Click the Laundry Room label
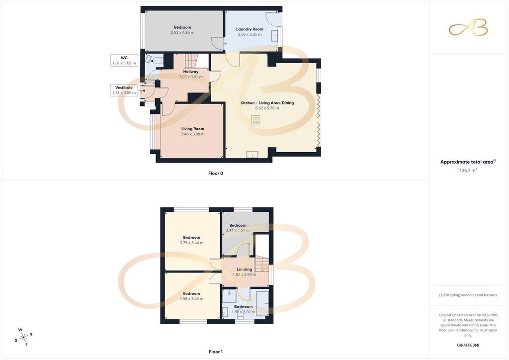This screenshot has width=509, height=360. coord(250,29)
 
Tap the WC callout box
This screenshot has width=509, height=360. coord(124,60)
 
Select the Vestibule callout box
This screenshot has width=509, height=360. coord(124,90)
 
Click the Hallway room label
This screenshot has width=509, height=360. coord(191,72)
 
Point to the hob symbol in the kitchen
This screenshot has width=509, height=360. coord(255,120)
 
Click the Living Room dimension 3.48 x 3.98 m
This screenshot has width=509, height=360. coord(193,134)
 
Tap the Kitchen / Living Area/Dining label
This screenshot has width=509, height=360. coord(267,103)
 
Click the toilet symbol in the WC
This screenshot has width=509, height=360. coord(158,60)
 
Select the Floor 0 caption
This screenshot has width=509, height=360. coord(216,174)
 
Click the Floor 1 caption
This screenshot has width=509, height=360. coord(216,352)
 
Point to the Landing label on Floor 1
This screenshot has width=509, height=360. coord(244,270)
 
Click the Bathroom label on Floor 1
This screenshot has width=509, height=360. coord(244,307)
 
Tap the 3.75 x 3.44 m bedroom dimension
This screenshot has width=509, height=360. coord(191,243)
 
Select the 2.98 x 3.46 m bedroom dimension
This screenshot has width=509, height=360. coord(191,299)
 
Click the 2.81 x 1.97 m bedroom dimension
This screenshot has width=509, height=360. coord(238,231)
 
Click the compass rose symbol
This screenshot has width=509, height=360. coord(23,338)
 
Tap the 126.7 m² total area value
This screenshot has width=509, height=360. coord(468,170)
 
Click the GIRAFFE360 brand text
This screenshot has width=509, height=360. coord(468,345)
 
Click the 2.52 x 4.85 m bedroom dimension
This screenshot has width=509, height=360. coord(182,33)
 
